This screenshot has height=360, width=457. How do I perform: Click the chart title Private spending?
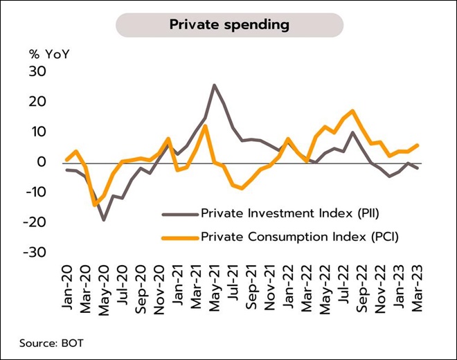[229, 25]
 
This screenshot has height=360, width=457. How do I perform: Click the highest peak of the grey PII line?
[214, 85]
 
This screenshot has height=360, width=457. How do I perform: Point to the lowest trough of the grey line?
[104, 219]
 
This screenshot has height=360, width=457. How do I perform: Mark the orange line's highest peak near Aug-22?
[353, 111]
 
